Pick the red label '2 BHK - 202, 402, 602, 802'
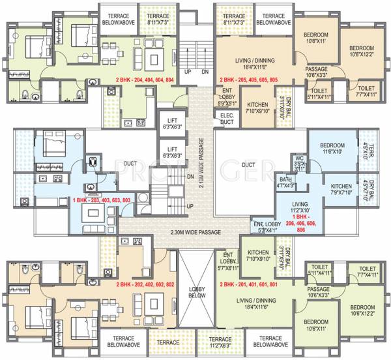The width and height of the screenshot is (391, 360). [145, 285]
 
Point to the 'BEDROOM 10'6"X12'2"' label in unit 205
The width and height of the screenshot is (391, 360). [360, 52]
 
